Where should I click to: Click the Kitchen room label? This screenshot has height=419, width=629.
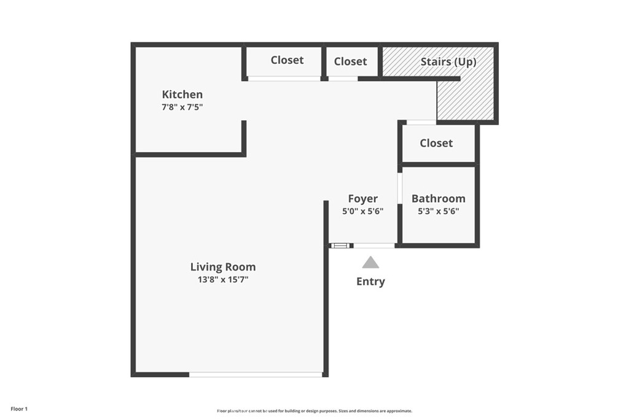(x=182, y=94)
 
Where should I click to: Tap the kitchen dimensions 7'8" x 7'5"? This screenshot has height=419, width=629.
(x=182, y=107)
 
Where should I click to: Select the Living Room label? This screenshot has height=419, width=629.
(x=222, y=267)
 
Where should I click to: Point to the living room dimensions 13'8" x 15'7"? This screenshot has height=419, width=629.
(x=222, y=280)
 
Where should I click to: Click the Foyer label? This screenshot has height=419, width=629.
(x=362, y=199)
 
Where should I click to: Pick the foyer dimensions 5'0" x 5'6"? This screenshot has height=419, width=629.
(x=362, y=211)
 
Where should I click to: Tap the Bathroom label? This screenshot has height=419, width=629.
(x=438, y=199)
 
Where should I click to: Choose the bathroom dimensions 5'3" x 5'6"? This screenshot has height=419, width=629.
(x=438, y=211)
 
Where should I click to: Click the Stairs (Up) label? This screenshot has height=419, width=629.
(x=448, y=62)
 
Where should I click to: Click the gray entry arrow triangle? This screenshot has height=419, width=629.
(x=370, y=263)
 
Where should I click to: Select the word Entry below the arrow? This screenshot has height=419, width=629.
(x=370, y=282)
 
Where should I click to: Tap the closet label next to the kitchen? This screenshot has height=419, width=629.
(x=287, y=60)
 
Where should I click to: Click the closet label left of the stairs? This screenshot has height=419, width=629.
(x=350, y=61)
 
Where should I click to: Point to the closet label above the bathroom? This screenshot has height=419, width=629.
(x=436, y=143)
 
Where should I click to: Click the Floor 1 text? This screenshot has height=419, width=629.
(x=19, y=409)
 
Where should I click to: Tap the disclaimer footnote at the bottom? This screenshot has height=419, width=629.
(x=314, y=411)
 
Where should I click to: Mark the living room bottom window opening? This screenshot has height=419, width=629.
(x=256, y=374)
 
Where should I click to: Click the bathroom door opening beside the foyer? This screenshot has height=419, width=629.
(x=399, y=188)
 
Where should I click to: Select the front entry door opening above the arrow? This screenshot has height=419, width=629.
(x=374, y=245)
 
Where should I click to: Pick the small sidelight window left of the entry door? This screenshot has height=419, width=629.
(x=340, y=245)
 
